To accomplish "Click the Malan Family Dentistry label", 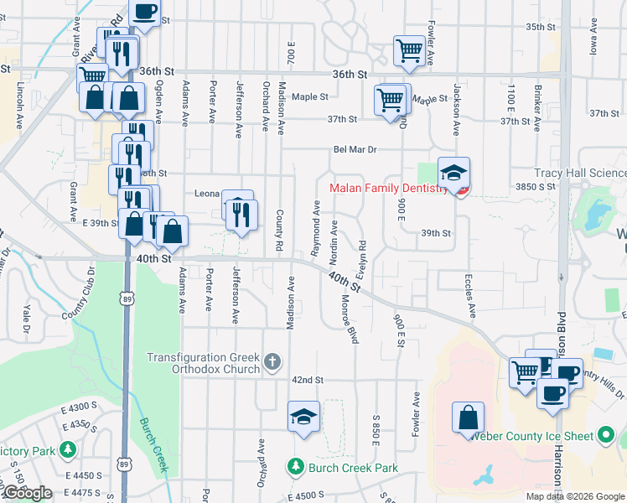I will pyautogui.click(x=389, y=189).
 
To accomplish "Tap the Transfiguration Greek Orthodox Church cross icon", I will pyautogui.click(x=272, y=362).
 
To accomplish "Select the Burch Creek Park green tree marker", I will pyautogui.click(x=294, y=467).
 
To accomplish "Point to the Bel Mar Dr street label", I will pyautogui.click(x=355, y=149).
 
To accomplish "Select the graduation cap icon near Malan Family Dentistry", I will pyautogui.click(x=453, y=173).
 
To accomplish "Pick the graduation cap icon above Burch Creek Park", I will pyautogui.click(x=303, y=417).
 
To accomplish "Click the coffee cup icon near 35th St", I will pyautogui.click(x=144, y=13).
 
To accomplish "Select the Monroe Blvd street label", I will pyautogui.click(x=352, y=324).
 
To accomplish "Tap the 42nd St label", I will pyautogui.click(x=308, y=380).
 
